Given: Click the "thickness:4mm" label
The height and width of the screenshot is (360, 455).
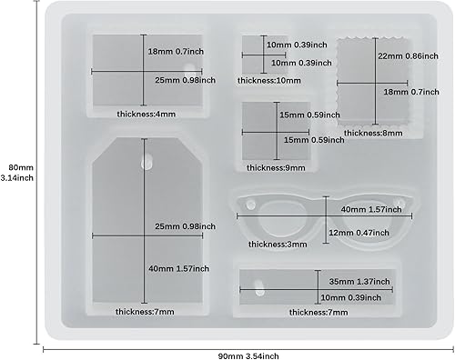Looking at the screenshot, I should point(146,115).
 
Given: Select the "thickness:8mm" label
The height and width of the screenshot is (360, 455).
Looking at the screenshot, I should point(379,133).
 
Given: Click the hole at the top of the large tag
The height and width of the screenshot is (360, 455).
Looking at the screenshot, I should point(147,164).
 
